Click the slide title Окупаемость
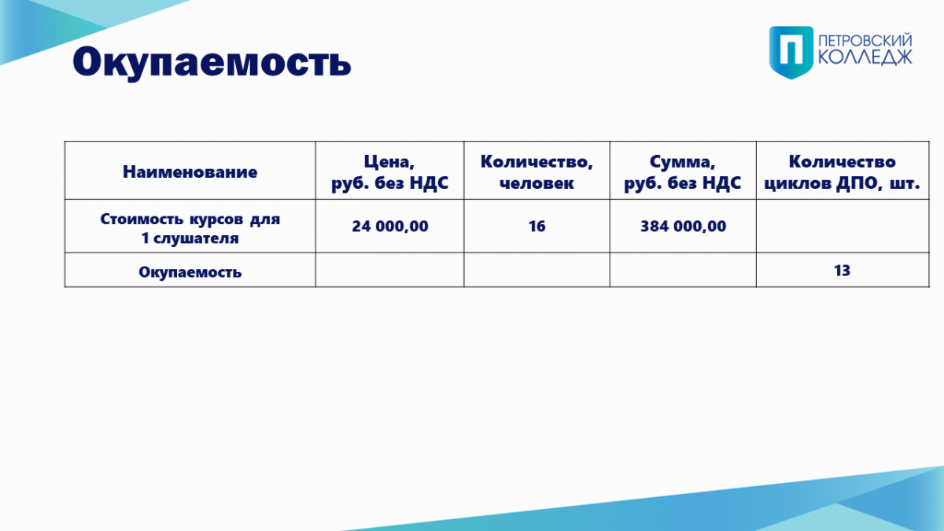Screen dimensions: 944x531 point(212,62)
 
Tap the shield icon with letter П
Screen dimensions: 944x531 point(791,52)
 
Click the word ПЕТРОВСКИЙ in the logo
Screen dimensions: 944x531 point(865,41)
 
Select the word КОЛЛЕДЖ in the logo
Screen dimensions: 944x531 point(865,57)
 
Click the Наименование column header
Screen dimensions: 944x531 point(190,172)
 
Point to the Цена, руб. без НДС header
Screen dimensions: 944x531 point(390,172)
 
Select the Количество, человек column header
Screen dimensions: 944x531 point(537,172)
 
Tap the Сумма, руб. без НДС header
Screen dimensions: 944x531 point(683,172)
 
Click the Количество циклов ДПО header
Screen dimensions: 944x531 point(842,172)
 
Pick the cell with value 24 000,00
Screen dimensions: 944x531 point(390,227)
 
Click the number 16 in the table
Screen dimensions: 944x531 point(537,227)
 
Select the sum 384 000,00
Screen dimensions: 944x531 point(683,227)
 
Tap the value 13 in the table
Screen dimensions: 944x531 point(842,271)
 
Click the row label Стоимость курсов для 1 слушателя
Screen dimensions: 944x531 point(190,228)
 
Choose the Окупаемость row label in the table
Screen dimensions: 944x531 point(190,272)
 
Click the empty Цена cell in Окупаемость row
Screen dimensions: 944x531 point(390,270)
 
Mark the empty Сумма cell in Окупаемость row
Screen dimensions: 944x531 point(683,270)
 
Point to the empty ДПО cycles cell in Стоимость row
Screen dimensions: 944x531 point(843,226)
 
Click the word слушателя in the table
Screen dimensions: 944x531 point(196,238)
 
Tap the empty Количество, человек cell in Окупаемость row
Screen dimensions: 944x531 point(537,270)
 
